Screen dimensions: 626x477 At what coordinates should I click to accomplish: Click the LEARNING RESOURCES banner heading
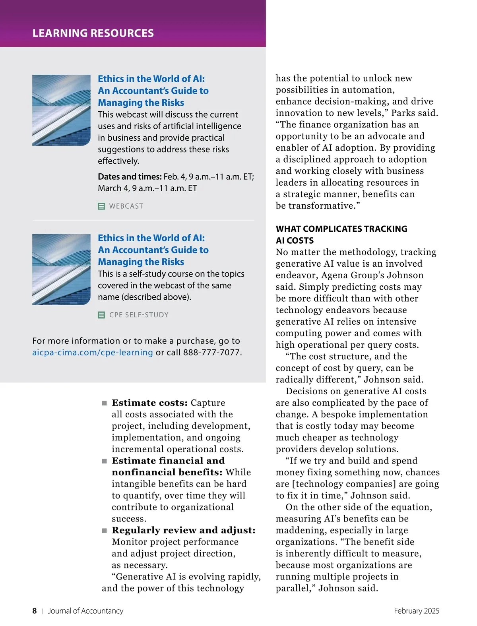tap(93, 33)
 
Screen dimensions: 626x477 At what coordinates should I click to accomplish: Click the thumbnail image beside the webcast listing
tap(61, 110)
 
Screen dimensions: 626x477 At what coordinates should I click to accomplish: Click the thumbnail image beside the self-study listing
tap(61, 269)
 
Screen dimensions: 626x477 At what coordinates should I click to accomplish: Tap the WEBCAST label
tap(126, 206)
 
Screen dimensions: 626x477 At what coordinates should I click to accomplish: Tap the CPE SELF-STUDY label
tap(139, 315)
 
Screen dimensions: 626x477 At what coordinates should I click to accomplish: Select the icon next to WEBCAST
tap(101, 206)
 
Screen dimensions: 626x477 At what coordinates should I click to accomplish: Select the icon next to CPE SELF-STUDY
tap(101, 315)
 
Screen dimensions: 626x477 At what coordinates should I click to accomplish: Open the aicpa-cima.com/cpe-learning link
tap(92, 353)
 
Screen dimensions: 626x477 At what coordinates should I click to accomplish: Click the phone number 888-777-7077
tap(211, 353)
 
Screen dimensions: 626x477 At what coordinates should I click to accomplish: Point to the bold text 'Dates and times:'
tap(130, 177)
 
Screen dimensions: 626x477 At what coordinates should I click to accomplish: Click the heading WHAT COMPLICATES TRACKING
tap(341, 229)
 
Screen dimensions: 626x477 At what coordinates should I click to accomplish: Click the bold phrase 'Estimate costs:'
tap(149, 403)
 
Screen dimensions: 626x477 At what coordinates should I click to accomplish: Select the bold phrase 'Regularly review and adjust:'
tap(184, 530)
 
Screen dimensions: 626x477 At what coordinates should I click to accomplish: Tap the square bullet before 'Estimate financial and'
tap(105, 461)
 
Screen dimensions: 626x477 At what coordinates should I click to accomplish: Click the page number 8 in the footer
tap(35, 611)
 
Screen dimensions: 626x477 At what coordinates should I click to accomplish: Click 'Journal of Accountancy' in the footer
tap(85, 611)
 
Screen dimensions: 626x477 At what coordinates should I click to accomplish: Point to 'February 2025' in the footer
tap(417, 611)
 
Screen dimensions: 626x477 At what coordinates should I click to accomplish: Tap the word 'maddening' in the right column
tap(300, 530)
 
